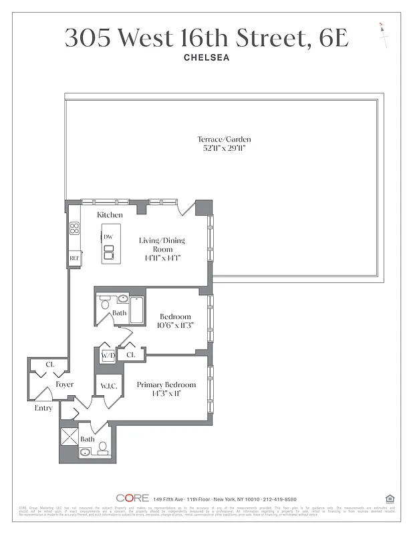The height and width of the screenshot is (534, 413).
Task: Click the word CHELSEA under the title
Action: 206,57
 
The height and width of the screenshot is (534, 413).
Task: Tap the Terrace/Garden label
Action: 224,140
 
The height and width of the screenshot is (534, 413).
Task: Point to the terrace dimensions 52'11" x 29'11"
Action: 224,148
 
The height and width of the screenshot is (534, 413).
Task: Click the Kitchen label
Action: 110,215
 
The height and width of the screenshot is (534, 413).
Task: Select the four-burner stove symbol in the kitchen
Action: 74,229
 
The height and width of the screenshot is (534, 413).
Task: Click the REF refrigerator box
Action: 74,258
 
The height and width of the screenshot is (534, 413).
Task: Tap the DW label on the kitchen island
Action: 108,237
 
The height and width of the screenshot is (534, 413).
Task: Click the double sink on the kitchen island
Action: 109,252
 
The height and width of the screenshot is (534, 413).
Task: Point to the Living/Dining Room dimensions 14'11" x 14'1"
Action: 161,258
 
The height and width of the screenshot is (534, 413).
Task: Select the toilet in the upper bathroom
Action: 104,304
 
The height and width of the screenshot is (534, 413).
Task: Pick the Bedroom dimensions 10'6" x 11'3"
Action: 175,326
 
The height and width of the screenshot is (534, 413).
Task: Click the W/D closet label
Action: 108,355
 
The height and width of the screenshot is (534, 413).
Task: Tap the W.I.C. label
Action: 110,386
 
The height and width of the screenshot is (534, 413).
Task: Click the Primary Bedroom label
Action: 166,385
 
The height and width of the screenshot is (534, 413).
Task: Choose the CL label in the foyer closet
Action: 50,364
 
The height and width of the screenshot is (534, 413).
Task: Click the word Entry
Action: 43,408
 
